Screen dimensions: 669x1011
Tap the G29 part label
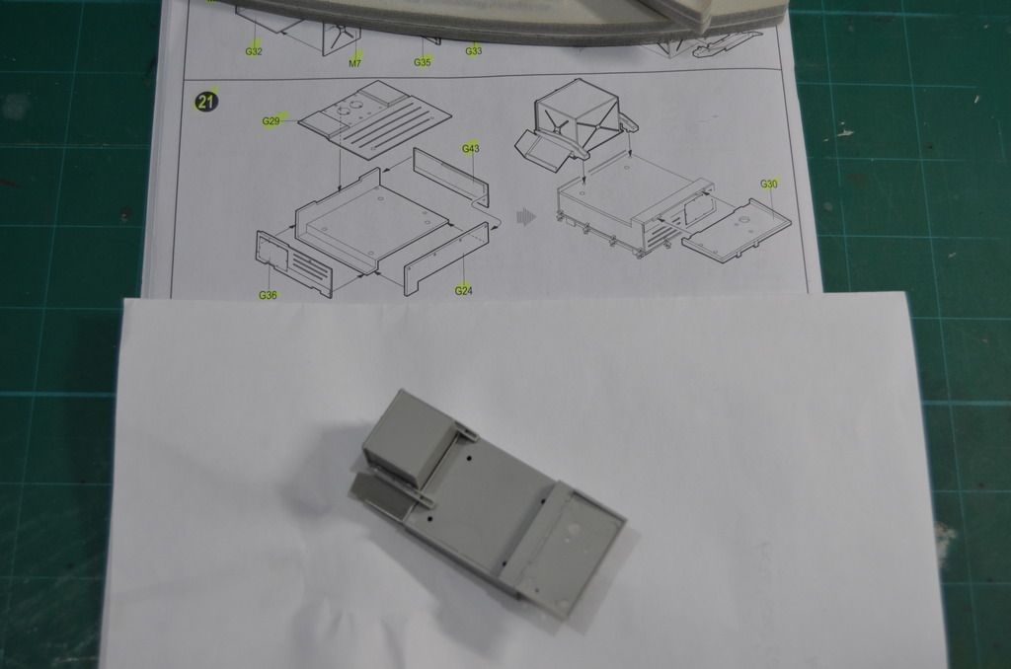pos(272,121)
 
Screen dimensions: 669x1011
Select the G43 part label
pos(471,148)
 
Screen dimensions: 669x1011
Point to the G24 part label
pos(464,290)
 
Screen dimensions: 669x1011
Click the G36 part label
pos(268,295)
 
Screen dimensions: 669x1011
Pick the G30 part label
pos(770,185)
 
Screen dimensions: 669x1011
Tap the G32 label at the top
pos(253,51)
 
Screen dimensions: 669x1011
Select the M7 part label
pos(355,62)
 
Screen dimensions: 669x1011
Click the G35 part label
pos(423,62)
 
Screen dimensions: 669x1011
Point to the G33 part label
pos(474,50)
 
